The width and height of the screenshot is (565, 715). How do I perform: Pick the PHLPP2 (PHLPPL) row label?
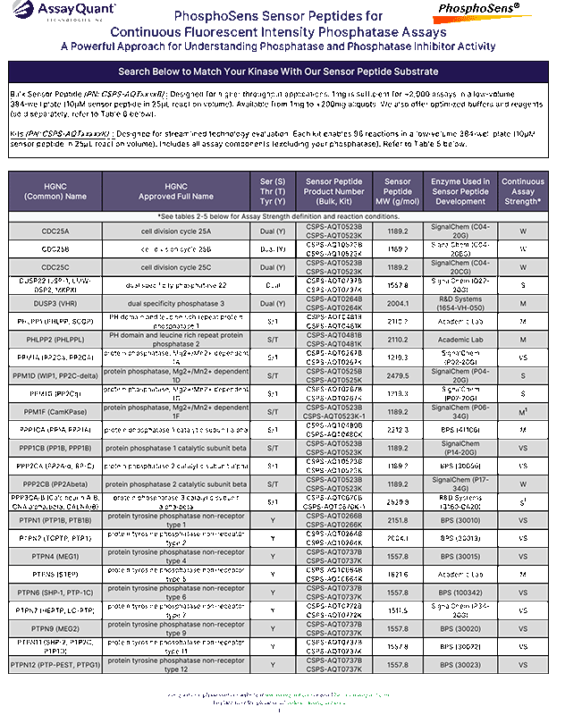[x=55, y=341]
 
